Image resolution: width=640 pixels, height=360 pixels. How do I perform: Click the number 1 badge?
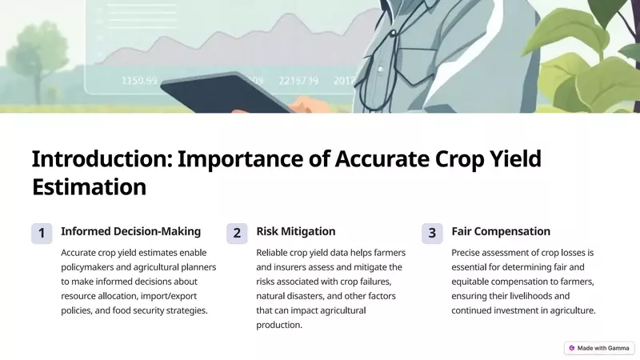click(42, 233)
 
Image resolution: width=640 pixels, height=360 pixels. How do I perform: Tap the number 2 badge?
click(237, 233)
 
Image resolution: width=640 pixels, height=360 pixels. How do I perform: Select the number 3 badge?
click(432, 233)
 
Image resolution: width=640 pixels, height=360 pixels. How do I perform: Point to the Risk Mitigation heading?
click(296, 231)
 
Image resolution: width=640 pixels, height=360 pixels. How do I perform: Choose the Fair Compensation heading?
click(501, 231)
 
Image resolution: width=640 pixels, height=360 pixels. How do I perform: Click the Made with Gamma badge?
click(599, 348)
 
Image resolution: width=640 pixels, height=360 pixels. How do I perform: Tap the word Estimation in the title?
click(89, 187)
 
